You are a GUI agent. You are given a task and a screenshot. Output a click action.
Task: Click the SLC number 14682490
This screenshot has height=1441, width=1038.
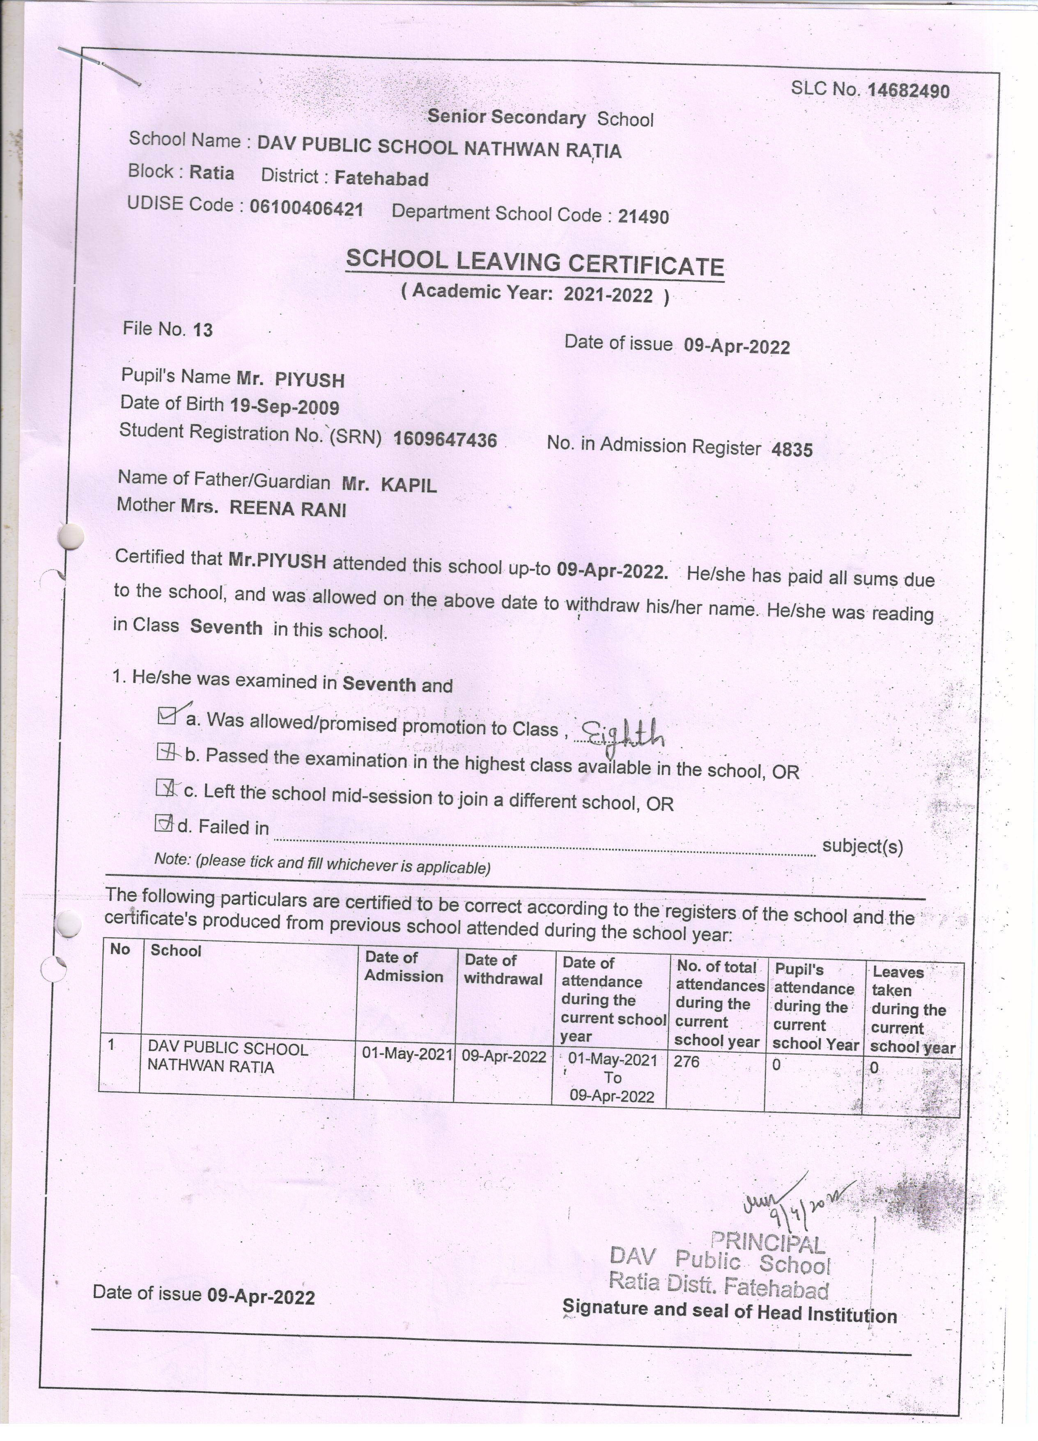(908, 91)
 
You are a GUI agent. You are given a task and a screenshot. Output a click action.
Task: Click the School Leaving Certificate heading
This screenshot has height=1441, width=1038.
(535, 263)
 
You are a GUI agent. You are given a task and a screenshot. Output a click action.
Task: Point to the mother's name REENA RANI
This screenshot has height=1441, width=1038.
(287, 509)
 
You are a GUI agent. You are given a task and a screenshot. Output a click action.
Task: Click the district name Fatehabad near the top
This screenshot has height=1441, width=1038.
(381, 179)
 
